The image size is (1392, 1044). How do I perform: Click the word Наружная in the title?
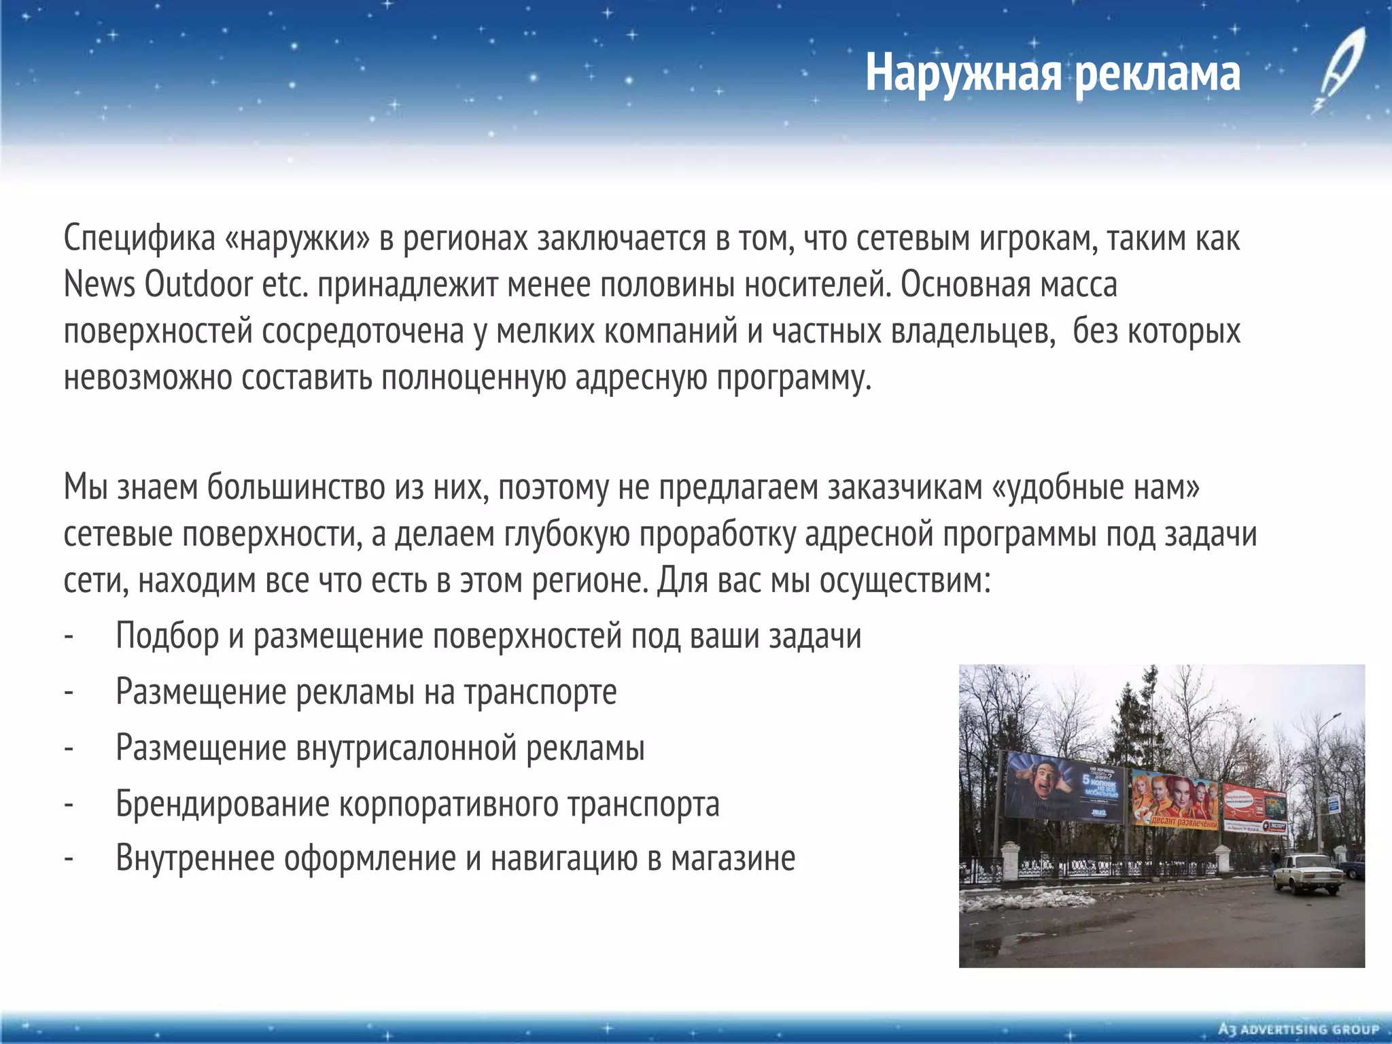point(962,73)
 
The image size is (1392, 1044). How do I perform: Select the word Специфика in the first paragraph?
point(139,239)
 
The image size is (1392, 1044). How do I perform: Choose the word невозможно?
point(147,378)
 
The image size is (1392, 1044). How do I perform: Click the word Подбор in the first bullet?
point(167,636)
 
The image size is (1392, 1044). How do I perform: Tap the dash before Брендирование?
point(68,804)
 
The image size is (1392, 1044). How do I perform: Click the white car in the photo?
point(1308,873)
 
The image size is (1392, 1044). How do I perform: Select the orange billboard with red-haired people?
point(1174,803)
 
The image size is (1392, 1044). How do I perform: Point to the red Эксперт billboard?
point(1255,808)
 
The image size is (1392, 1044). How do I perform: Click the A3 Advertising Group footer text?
point(1298,1030)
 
